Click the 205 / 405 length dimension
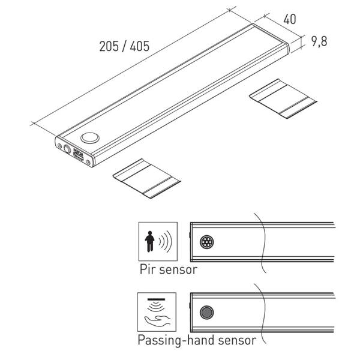click(x=124, y=46)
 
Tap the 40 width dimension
click(x=290, y=19)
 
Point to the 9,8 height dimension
click(x=319, y=41)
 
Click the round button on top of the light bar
click(x=90, y=138)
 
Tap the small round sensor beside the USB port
click(x=67, y=149)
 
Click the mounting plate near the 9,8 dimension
click(x=283, y=98)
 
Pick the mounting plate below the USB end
click(x=147, y=178)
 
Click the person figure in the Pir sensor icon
click(x=149, y=241)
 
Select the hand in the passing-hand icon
click(x=157, y=320)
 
